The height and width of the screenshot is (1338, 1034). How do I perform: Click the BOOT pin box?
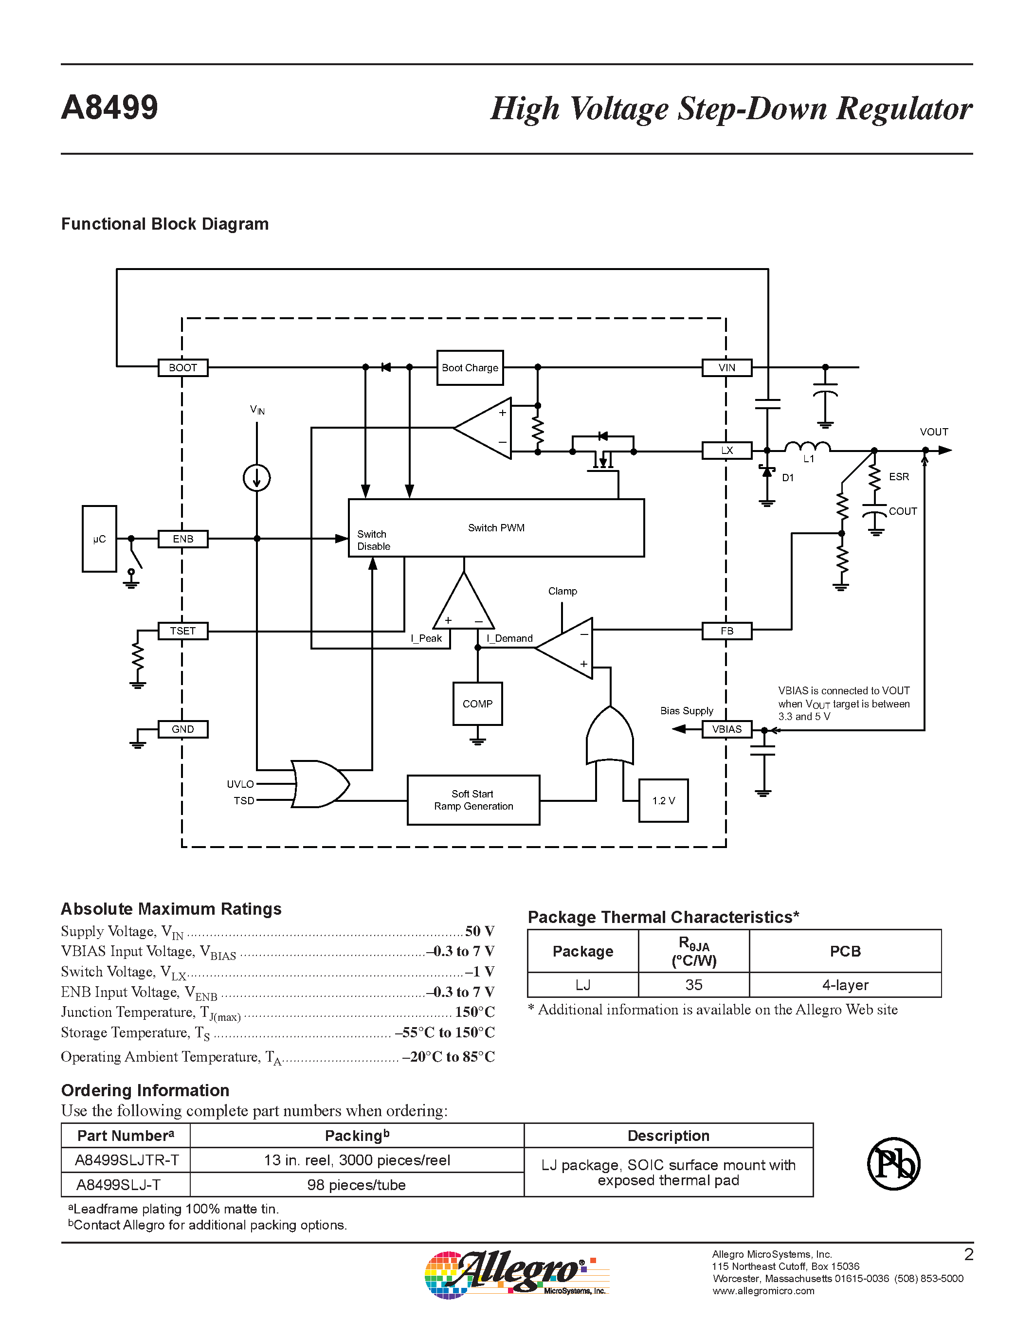182,367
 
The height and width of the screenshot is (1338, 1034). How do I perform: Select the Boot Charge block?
470,367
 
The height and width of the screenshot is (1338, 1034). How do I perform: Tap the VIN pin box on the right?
726,367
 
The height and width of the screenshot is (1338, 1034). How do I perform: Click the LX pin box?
726,450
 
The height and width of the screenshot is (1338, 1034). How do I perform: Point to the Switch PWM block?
496,527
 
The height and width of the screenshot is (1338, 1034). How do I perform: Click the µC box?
99,539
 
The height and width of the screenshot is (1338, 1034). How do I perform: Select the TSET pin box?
182,631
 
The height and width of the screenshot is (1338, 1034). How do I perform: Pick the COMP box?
477,704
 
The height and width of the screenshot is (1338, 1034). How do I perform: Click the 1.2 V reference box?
663,801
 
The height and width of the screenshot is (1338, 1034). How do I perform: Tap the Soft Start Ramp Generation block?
473,800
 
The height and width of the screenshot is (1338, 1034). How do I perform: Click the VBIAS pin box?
726,729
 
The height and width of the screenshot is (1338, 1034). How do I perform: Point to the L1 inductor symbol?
807,447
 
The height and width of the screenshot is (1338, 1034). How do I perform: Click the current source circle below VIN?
256,477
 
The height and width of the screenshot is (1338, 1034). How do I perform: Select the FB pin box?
726,631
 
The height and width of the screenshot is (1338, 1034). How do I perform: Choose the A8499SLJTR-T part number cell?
126,1160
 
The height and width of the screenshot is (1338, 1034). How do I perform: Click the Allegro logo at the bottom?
516,1274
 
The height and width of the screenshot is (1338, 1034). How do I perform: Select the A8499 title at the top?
109,108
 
